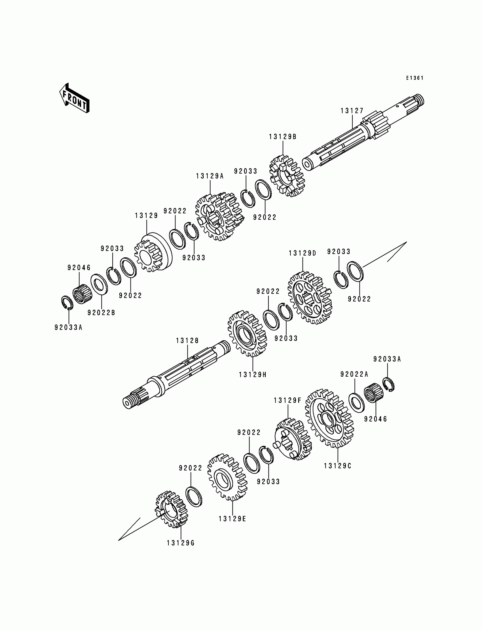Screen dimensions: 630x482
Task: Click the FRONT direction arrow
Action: [x=74, y=98]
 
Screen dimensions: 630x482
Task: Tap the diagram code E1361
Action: [x=415, y=78]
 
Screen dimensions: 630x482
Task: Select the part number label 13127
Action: [x=352, y=111]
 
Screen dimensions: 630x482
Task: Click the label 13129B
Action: [x=283, y=137]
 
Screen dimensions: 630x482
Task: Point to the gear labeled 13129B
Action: [x=287, y=176]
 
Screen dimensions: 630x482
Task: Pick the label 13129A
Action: [x=210, y=176]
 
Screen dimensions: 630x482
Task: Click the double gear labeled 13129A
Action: [x=219, y=217]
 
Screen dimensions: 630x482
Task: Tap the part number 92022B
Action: [x=101, y=313]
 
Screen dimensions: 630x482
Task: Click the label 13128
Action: [x=187, y=340]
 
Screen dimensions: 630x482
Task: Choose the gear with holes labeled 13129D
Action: [x=310, y=298]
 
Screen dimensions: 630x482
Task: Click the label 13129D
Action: [x=303, y=253]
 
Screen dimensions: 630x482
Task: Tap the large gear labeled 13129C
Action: [x=329, y=419]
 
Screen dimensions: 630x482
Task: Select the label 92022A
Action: [x=354, y=374]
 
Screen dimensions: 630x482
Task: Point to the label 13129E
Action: [x=232, y=519]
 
